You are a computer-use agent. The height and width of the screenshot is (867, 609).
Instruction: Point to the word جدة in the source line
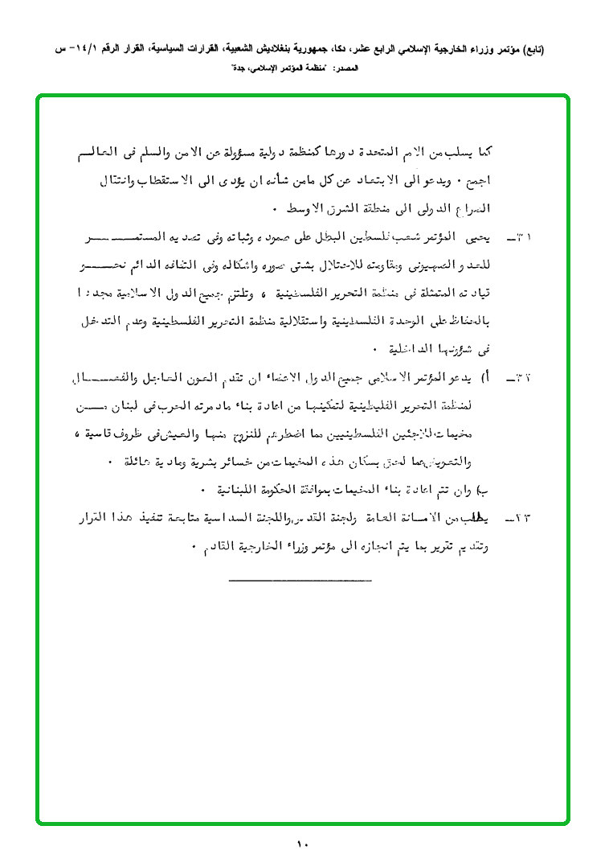239,70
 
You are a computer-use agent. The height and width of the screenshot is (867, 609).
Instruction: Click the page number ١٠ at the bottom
302,844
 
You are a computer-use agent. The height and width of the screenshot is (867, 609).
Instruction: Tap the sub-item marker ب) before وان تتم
483,489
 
